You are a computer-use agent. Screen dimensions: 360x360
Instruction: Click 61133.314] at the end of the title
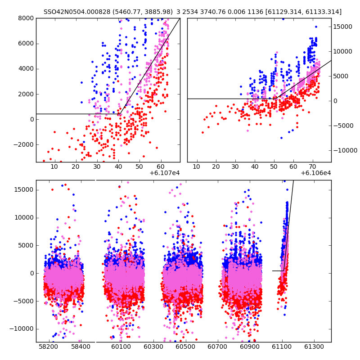(x=323, y=12)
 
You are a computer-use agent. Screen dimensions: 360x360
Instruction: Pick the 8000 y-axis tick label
(x=26, y=18)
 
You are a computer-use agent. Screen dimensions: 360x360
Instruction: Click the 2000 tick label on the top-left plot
(x=26, y=94)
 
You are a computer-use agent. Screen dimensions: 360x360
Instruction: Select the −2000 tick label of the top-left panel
(x=24, y=144)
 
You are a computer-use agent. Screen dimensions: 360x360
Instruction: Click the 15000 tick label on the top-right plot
(x=343, y=27)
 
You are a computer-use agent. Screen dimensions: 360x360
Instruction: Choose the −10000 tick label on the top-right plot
(x=344, y=150)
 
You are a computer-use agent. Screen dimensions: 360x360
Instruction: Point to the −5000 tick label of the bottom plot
(x=24, y=301)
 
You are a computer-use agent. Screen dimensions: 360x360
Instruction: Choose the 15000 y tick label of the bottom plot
(x=24, y=189)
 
